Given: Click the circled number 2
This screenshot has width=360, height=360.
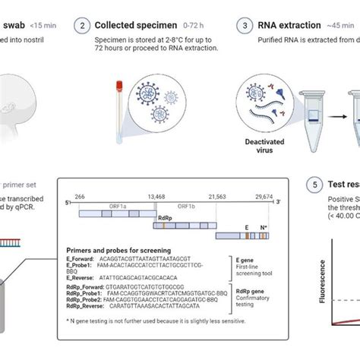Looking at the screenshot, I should [84, 26].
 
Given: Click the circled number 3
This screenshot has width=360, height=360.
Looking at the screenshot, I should [245, 26].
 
